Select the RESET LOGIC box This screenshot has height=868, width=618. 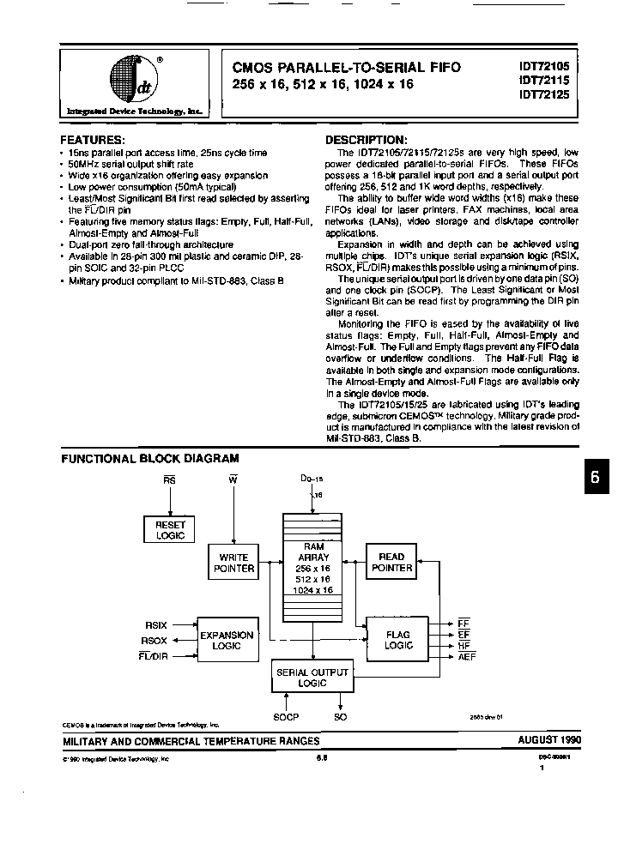tap(170, 529)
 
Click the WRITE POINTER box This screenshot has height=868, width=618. tap(233, 563)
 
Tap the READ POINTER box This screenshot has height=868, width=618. tap(391, 562)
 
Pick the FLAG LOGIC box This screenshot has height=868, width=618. tap(397, 640)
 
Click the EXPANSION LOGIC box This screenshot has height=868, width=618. tap(227, 640)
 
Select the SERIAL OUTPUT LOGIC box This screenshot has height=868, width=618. tap(312, 678)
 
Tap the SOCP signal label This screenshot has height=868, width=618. tap(285, 716)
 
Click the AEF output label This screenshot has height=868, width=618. tap(467, 656)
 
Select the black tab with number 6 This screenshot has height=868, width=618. tap(597, 479)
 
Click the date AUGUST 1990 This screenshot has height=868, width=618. tap(549, 740)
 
